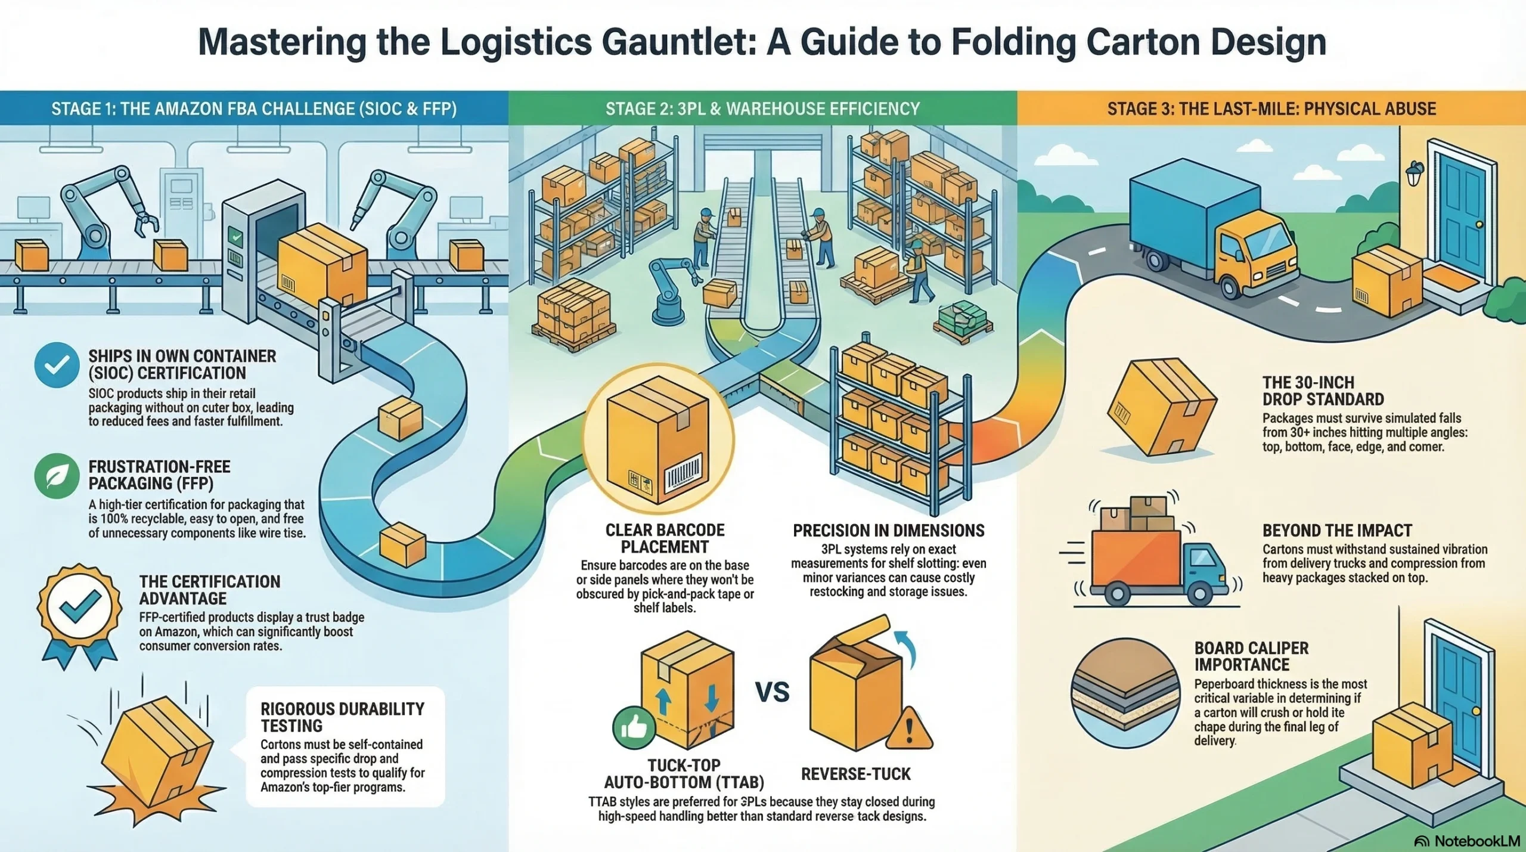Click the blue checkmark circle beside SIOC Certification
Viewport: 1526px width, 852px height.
coord(57,365)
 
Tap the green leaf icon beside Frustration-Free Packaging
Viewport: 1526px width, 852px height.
coord(57,476)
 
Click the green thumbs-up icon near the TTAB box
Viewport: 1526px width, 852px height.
coord(634,727)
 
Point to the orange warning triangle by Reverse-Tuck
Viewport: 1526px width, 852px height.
coord(909,729)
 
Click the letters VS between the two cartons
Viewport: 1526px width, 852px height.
coord(773,692)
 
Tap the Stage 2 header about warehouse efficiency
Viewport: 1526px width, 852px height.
coord(762,109)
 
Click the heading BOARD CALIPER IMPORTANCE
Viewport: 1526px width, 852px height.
coord(1251,656)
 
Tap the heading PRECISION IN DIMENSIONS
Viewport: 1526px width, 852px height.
coord(888,531)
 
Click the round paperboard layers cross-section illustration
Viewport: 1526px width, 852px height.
coord(1125,693)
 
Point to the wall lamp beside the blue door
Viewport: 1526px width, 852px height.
coord(1415,174)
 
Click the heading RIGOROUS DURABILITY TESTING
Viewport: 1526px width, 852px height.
coord(342,717)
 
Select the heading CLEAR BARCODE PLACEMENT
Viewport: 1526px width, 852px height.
coord(665,538)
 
